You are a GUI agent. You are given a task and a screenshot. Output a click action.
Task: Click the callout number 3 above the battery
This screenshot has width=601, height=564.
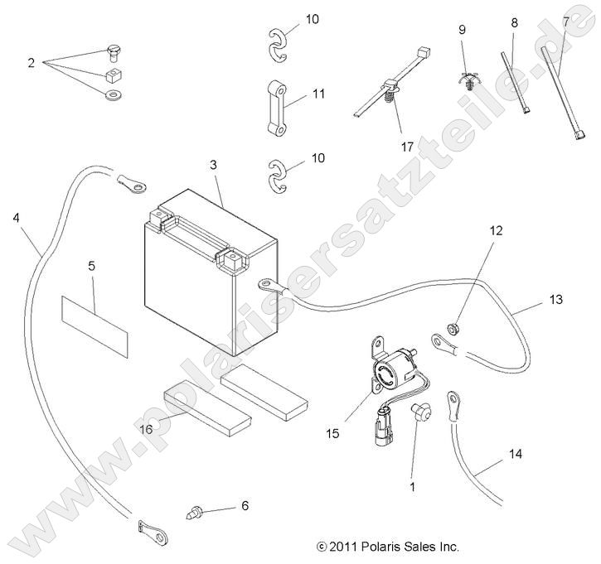point(213,166)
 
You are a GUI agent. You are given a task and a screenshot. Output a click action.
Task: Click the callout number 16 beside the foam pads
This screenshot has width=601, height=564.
point(146,429)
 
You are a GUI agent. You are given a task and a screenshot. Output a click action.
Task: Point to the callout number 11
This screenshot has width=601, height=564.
point(319,95)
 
